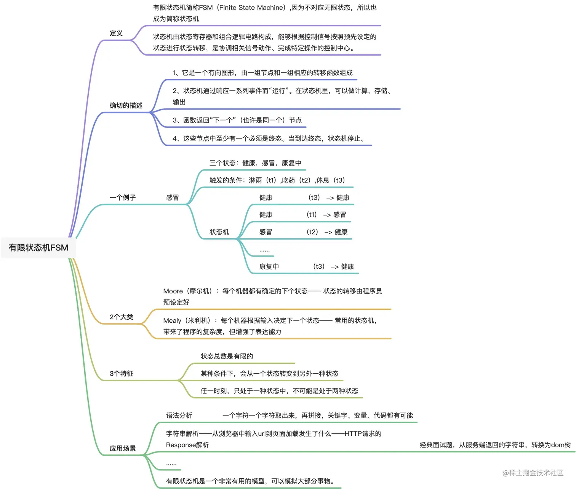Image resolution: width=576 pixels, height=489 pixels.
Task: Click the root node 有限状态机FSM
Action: [38, 248]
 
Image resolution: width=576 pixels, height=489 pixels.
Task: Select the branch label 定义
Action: [116, 33]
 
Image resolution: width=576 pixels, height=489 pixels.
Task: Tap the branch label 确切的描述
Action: [126, 105]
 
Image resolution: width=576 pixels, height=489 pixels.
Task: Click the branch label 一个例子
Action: [123, 198]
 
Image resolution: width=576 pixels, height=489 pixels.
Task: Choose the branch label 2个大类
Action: [122, 317]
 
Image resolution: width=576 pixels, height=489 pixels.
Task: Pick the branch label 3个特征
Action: [122, 374]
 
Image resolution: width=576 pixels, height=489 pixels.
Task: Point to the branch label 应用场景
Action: [123, 448]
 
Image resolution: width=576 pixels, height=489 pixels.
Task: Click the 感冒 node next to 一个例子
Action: [172, 198]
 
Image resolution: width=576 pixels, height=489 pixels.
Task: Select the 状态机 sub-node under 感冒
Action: [219, 232]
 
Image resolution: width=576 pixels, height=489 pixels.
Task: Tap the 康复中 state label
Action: [269, 266]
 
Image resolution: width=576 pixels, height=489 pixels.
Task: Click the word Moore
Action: [173, 291]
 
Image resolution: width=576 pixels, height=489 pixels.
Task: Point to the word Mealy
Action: [172, 320]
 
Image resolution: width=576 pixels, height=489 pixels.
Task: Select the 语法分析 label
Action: [179, 416]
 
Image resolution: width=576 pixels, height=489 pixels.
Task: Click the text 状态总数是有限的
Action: [227, 356]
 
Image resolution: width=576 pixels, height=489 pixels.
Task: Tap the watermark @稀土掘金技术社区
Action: [533, 473]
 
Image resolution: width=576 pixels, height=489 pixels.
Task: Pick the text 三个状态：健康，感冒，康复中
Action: [255, 163]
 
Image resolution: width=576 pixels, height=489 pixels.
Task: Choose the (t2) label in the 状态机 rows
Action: [312, 232]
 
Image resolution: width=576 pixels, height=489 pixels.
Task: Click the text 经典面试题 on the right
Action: [436, 445]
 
